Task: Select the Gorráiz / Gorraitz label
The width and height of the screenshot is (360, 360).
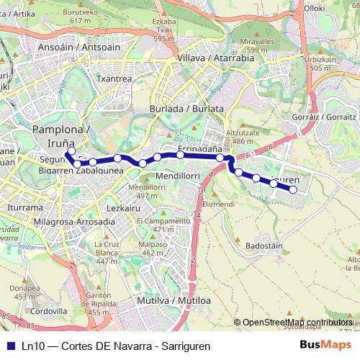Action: point(325,116)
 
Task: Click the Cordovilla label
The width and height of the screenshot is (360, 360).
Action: point(49,311)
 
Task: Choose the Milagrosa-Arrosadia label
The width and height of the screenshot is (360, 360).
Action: point(74,222)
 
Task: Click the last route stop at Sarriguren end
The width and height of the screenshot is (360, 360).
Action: point(293,189)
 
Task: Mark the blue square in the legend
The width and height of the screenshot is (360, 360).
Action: point(11,346)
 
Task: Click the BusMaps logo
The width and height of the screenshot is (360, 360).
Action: point(325,345)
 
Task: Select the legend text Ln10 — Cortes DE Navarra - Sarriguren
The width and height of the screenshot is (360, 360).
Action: point(115,346)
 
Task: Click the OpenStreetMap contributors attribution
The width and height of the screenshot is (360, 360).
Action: point(297,323)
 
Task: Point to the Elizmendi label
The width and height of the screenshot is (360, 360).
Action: point(219,204)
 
